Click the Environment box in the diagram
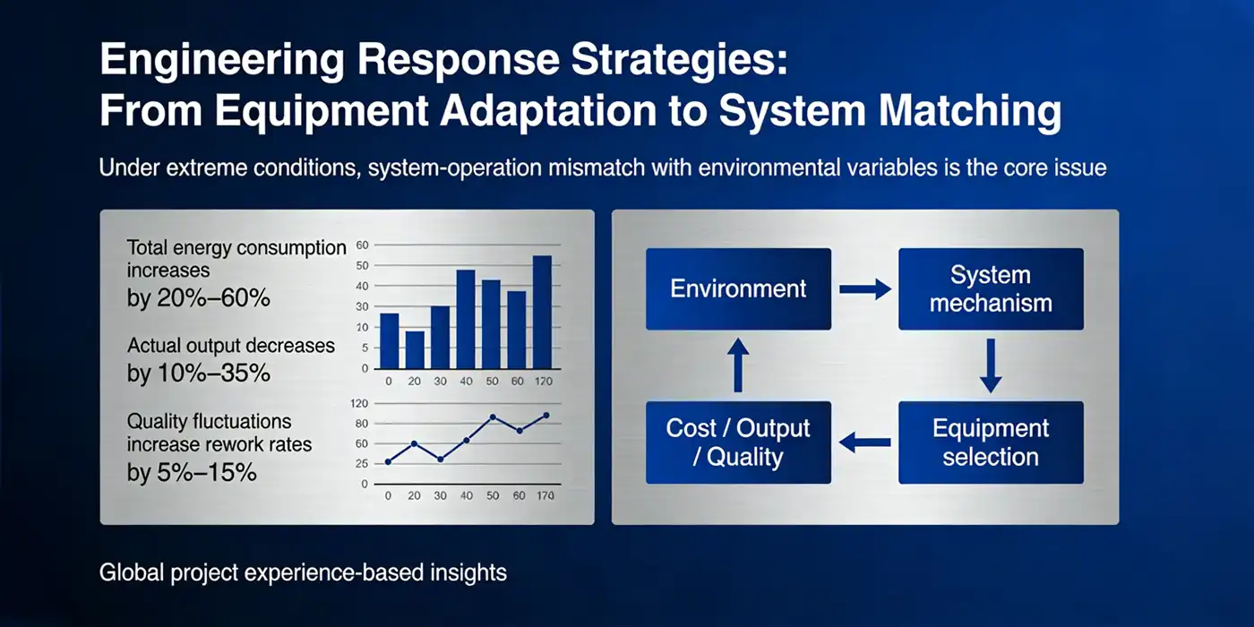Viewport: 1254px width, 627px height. (x=738, y=289)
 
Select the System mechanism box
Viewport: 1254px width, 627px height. (x=991, y=289)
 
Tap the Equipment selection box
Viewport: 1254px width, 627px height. (x=991, y=442)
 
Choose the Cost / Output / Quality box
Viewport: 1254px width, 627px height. (x=738, y=442)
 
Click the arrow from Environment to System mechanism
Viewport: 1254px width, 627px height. (x=864, y=289)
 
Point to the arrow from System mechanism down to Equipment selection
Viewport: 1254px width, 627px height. (x=990, y=365)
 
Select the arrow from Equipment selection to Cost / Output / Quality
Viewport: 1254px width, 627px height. (x=864, y=442)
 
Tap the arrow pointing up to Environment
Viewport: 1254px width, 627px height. (x=738, y=365)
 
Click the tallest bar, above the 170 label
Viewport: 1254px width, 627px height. (x=542, y=312)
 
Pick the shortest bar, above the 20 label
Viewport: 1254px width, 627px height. (x=415, y=349)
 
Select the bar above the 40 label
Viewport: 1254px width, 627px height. (x=466, y=319)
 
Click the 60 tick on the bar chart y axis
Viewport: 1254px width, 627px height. (x=363, y=245)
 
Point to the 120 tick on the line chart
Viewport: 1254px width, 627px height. (x=360, y=404)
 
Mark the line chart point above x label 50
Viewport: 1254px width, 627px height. (x=493, y=417)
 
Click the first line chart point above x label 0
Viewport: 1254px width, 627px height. (x=388, y=461)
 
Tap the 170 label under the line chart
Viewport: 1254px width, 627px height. (x=544, y=495)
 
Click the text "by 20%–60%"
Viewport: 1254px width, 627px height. (x=198, y=298)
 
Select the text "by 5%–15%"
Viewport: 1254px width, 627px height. (x=192, y=472)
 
